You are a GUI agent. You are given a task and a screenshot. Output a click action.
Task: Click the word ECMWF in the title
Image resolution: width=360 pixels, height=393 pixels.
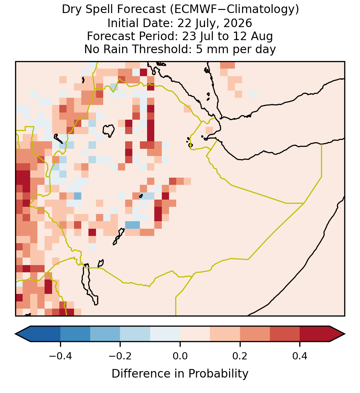192,10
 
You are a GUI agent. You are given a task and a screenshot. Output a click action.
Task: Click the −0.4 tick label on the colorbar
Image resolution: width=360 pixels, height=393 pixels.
60,356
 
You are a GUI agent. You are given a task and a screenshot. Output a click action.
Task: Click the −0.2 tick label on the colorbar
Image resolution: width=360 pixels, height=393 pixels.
120,356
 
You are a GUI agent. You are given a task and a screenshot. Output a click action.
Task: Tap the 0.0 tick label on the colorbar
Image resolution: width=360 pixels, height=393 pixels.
180,356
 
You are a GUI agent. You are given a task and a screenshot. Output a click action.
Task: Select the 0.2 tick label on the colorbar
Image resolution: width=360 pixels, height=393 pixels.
240,356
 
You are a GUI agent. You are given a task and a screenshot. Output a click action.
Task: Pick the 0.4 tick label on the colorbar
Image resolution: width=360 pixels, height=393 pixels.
300,356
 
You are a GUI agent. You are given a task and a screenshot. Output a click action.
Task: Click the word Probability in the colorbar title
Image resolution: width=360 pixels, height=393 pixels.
218,374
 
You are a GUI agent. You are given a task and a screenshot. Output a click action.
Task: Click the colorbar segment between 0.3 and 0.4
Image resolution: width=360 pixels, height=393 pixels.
285,334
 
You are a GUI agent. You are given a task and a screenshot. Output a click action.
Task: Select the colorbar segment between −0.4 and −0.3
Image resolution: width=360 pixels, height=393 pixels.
75,334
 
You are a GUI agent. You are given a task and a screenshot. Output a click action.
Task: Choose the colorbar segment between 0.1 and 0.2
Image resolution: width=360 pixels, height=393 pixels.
225,334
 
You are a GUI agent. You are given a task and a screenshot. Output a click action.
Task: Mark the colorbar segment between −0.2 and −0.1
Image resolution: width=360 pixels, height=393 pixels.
135,334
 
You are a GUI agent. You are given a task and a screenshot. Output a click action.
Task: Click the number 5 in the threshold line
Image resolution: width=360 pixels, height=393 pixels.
199,49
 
